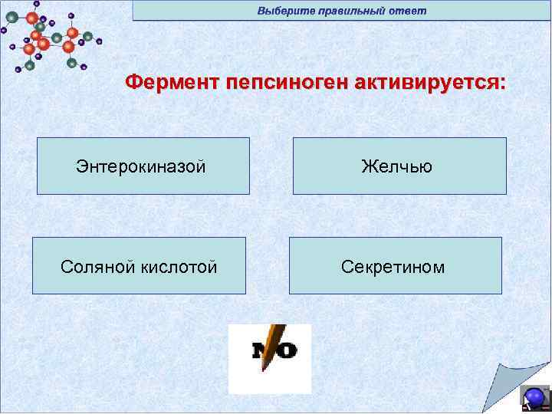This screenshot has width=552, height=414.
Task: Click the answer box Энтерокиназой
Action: coord(143,166)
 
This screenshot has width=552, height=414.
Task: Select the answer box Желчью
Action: coord(399,166)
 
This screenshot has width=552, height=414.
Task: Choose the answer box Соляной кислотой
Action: coord(139,266)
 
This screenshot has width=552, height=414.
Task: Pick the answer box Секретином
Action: coord(395,266)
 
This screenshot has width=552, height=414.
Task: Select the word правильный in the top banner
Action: coord(349,11)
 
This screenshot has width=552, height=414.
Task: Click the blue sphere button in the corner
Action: coord(534,397)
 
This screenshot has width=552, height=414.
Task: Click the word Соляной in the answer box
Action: coord(98,267)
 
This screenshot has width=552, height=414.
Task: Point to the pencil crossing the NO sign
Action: coord(271,345)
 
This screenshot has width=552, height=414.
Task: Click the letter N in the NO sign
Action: coord(258,351)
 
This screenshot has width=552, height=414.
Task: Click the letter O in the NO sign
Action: coord(287,351)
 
